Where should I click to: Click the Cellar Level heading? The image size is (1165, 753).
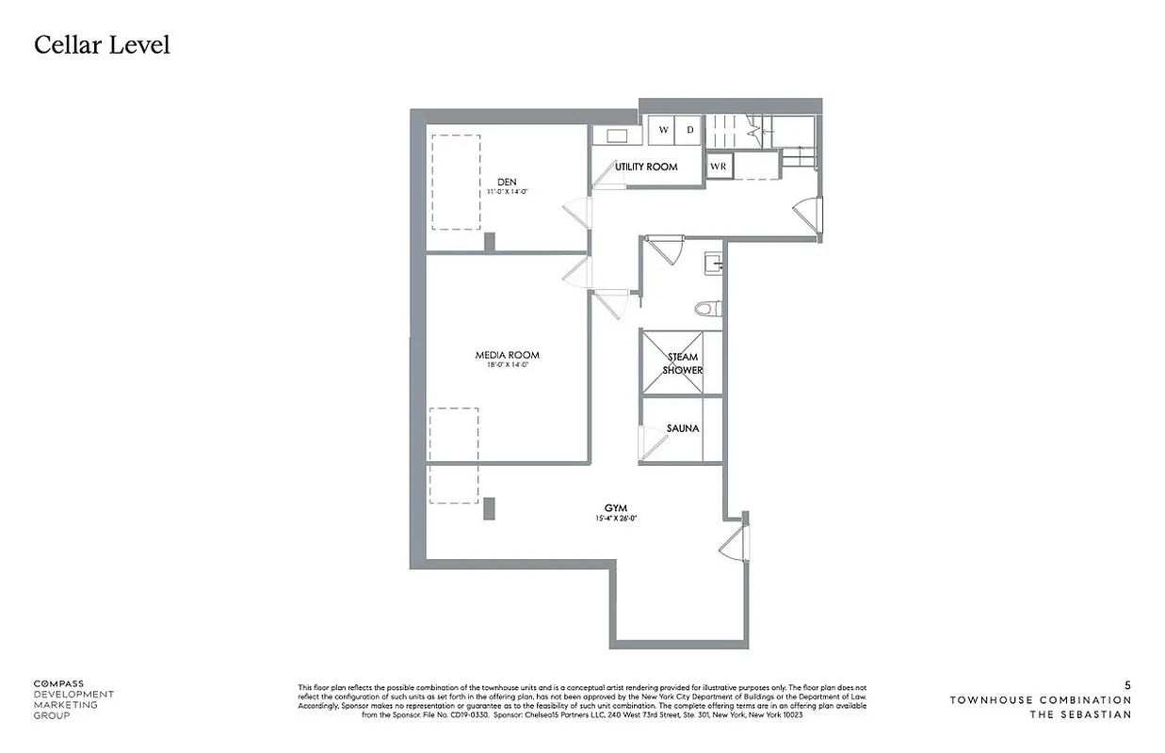click(x=102, y=44)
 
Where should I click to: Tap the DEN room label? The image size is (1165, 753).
click(x=508, y=182)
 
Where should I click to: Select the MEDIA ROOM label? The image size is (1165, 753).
click(x=507, y=355)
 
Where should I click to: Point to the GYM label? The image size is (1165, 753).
click(x=616, y=508)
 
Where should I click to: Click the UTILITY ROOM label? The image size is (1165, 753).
click(x=646, y=167)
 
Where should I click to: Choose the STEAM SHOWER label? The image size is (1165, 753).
click(x=683, y=363)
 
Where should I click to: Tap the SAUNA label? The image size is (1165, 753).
click(x=683, y=428)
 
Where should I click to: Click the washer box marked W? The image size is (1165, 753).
click(x=663, y=130)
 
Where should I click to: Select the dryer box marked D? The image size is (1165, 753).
click(x=689, y=130)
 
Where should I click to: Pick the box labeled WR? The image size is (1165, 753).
click(x=719, y=167)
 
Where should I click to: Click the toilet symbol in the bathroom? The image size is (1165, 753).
click(x=707, y=308)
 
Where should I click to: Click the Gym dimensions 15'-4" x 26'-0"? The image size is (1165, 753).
click(x=616, y=519)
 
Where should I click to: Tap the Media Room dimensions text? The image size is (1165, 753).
click(x=507, y=365)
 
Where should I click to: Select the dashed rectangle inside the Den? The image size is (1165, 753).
click(x=456, y=182)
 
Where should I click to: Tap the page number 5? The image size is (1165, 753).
click(x=1127, y=685)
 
